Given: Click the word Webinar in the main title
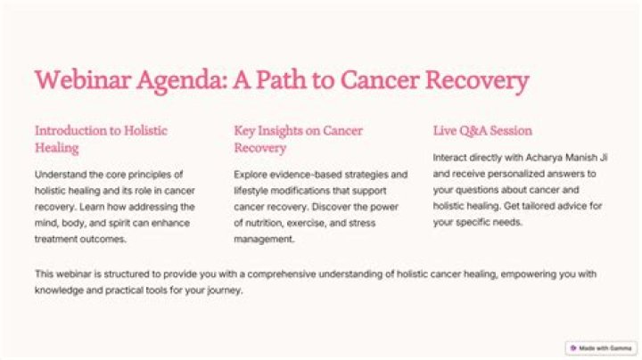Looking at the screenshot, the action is [x=83, y=79].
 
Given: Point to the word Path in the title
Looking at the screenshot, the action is [x=281, y=79].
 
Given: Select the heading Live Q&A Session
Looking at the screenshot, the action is [x=482, y=130].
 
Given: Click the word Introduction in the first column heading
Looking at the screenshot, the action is [x=71, y=130].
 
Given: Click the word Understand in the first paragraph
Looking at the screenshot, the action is [x=61, y=175].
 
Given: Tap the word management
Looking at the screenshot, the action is [x=264, y=240].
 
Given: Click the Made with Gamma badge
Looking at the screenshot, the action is [x=601, y=348].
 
